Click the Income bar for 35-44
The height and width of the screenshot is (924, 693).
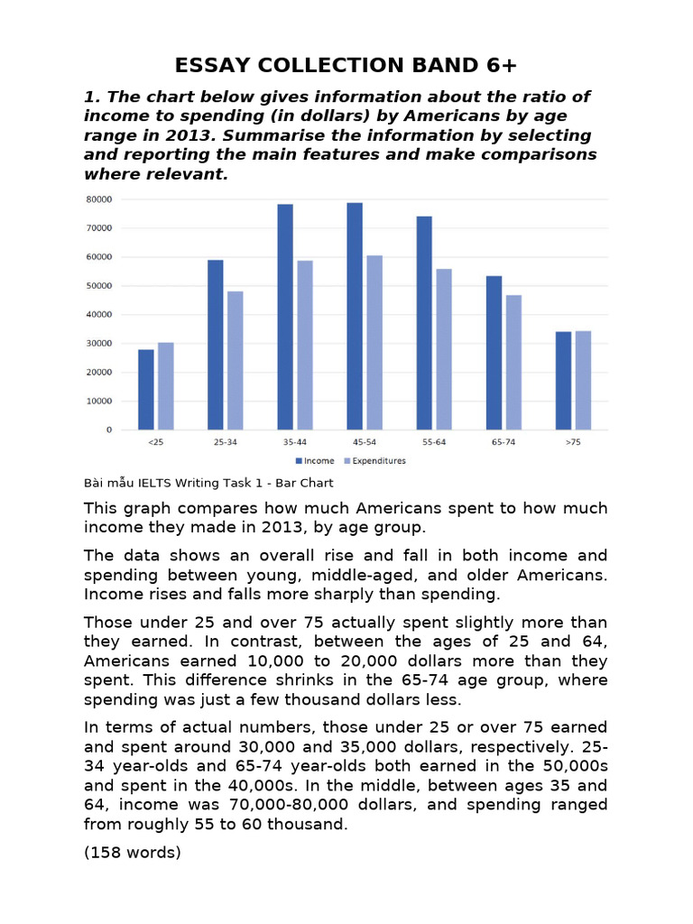pos(285,317)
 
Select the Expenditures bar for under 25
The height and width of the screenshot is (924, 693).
pos(165,386)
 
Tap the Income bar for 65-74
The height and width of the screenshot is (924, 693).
pos(494,353)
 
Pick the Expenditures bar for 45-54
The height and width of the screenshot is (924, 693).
pos(374,343)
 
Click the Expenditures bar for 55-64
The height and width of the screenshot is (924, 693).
pos(444,349)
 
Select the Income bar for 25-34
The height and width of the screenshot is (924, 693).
pos(215,345)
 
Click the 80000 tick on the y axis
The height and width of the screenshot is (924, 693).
pos(97,199)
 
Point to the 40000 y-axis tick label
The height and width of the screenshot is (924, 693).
pos(97,315)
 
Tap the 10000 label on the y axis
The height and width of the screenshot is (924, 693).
pos(97,402)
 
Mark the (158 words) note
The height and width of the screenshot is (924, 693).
pos(133,851)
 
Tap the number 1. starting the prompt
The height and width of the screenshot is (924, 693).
pos(90,97)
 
